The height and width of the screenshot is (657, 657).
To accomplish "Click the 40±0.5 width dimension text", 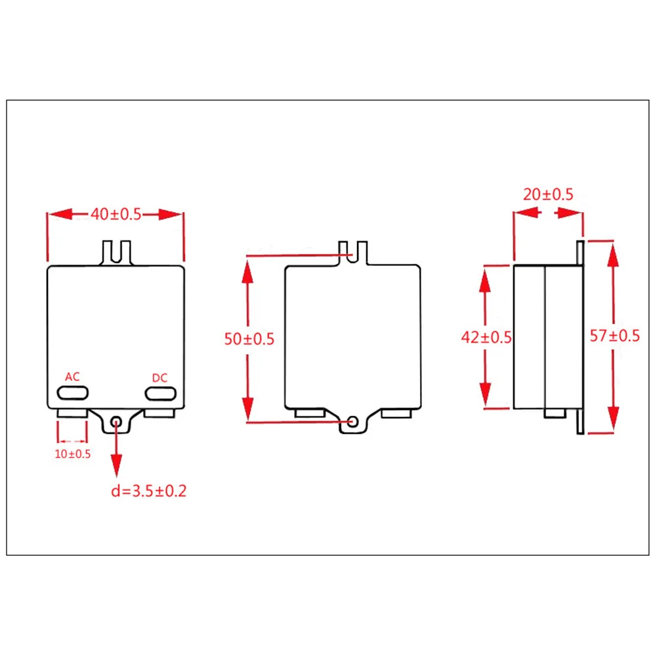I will tap(116, 215).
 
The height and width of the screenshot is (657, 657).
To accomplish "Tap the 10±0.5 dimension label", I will tap(72, 454).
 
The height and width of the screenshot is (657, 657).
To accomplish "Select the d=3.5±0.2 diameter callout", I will tap(148, 490).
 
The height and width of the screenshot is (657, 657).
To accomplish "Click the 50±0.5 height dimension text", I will tap(249, 339).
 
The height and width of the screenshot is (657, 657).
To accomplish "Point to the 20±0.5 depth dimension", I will tap(548, 194).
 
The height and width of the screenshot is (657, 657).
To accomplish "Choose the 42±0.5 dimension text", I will tap(486, 337).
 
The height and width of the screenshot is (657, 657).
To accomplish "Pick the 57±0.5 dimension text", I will tap(614, 336).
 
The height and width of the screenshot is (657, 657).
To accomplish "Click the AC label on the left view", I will tap(72, 377).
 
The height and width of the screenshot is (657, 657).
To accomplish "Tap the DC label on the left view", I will tap(159, 378).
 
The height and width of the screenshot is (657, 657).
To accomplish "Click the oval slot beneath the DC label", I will tap(161, 393).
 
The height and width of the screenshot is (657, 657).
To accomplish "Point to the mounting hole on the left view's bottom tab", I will tap(117, 422).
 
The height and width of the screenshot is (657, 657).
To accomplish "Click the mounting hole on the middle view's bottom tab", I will tap(353, 421).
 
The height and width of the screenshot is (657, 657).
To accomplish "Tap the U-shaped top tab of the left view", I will tap(116, 252).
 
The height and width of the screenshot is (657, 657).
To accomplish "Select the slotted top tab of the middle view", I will tap(352, 252).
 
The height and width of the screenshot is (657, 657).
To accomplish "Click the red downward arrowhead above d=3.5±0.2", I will tap(117, 467).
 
